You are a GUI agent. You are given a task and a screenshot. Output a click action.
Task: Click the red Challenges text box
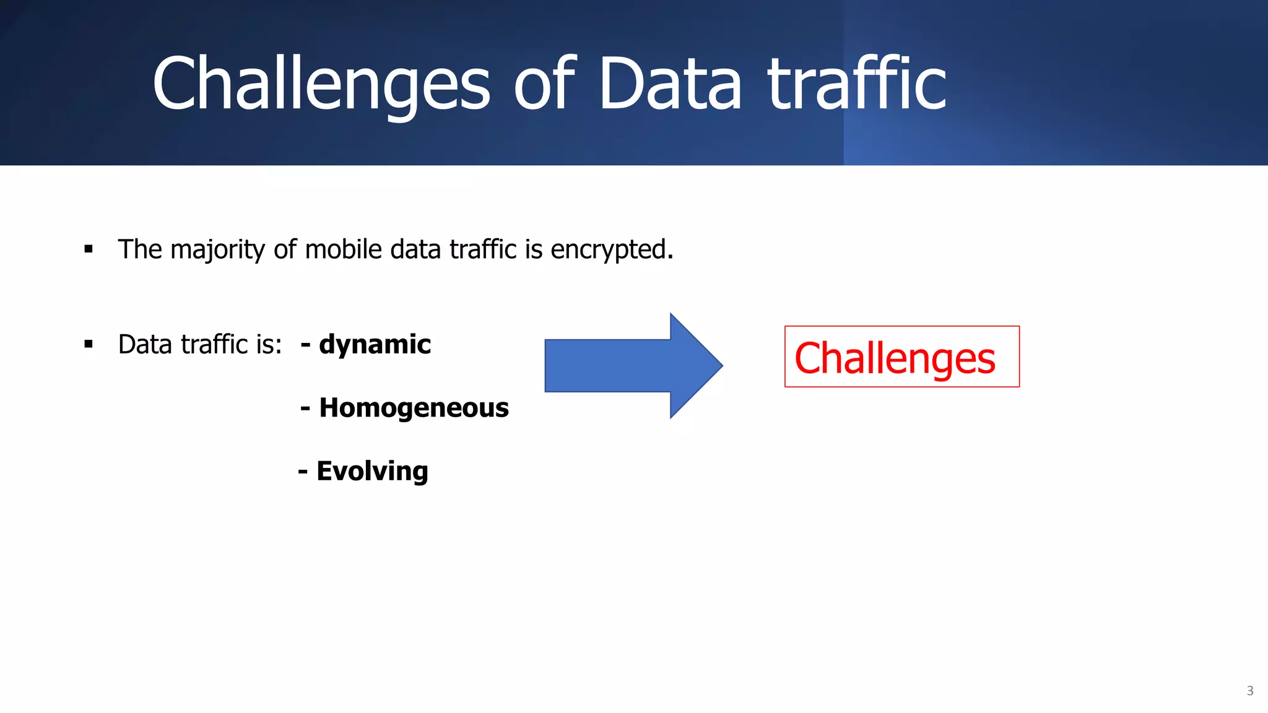pyautogui.click(x=901, y=357)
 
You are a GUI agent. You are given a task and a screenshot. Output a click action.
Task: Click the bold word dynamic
pyautogui.click(x=375, y=344)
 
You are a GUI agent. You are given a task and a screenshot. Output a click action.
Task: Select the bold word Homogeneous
pyautogui.click(x=414, y=408)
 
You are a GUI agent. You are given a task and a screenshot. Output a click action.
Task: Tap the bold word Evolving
pyautogui.click(x=372, y=471)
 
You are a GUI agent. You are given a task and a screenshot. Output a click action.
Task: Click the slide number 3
pyautogui.click(x=1249, y=691)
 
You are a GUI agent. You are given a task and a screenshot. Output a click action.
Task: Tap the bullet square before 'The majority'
pyautogui.click(x=89, y=249)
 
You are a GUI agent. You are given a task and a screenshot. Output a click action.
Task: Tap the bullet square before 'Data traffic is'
pyautogui.click(x=89, y=344)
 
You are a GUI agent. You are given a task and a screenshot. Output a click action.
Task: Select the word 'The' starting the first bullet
pyautogui.click(x=140, y=249)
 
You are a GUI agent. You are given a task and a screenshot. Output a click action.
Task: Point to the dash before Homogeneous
pyautogui.click(x=305, y=408)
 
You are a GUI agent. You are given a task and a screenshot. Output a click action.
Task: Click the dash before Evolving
pyautogui.click(x=303, y=472)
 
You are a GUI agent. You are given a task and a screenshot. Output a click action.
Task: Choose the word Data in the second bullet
pyautogui.click(x=144, y=344)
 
